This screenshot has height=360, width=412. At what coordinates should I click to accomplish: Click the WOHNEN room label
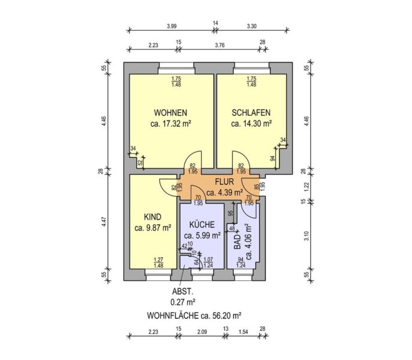pyautogui.click(x=170, y=113)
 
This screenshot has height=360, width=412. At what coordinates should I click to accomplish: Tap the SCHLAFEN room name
pyautogui.click(x=251, y=113)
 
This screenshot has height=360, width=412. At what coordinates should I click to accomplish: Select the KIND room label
pyautogui.click(x=153, y=217)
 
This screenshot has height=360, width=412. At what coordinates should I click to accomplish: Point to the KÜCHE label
pyautogui.click(x=202, y=224)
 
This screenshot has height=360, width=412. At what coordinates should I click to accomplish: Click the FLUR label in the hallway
pyautogui.click(x=224, y=182)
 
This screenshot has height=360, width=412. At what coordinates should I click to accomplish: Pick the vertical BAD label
pyautogui.click(x=237, y=242)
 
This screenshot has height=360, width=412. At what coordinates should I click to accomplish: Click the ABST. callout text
pyautogui.click(x=183, y=292)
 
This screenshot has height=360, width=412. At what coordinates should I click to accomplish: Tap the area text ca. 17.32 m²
pyautogui.click(x=170, y=124)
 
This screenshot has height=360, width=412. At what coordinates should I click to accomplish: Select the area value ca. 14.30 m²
pyautogui.click(x=251, y=124)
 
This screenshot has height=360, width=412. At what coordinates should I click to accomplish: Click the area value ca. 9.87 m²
pyautogui.click(x=153, y=228)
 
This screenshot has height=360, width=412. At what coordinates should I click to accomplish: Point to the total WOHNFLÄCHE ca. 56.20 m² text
pyautogui.click(x=194, y=315)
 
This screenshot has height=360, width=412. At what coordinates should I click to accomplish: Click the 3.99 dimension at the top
pyautogui.click(x=172, y=26)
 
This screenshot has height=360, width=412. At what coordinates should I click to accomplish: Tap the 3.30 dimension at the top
pyautogui.click(x=252, y=26)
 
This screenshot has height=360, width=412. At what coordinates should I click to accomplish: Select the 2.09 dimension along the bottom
pyautogui.click(x=202, y=332)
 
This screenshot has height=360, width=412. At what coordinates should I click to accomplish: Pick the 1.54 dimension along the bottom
pyautogui.click(x=243, y=332)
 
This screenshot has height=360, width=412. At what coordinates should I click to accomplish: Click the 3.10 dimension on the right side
pyautogui.click(x=306, y=236)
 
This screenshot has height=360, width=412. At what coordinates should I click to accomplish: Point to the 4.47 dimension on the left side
pyautogui.click(x=104, y=221)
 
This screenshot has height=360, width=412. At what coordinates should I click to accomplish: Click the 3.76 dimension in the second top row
pyautogui.click(x=219, y=45)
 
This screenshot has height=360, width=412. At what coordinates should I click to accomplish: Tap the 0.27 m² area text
pyautogui.click(x=183, y=302)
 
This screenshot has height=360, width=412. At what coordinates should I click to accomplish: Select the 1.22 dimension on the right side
pyautogui.click(x=306, y=187)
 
